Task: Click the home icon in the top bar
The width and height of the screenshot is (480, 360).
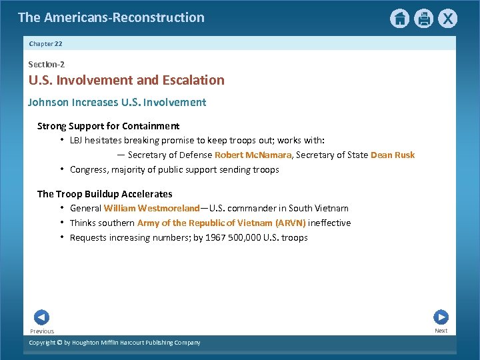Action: click(399, 19)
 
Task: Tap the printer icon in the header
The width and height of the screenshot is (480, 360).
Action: click(423, 19)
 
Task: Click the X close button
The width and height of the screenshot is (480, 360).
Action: click(448, 19)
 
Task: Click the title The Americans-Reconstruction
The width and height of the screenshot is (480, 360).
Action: click(111, 18)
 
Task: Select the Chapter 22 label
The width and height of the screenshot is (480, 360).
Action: click(46, 43)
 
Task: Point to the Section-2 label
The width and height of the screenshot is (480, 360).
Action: click(46, 64)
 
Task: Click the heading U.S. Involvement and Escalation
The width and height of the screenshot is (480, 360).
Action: click(126, 81)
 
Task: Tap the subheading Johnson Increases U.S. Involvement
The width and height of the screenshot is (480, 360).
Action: click(117, 103)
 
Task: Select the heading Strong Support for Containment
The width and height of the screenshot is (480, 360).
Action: click(108, 126)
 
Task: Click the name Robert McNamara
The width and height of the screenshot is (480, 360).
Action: click(253, 155)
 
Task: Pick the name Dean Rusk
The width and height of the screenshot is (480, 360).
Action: click(392, 155)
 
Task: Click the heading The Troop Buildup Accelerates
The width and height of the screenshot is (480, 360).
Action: click(105, 194)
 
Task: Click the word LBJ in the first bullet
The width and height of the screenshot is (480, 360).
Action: click(77, 141)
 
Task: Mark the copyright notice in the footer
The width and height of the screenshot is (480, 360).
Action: click(114, 343)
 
